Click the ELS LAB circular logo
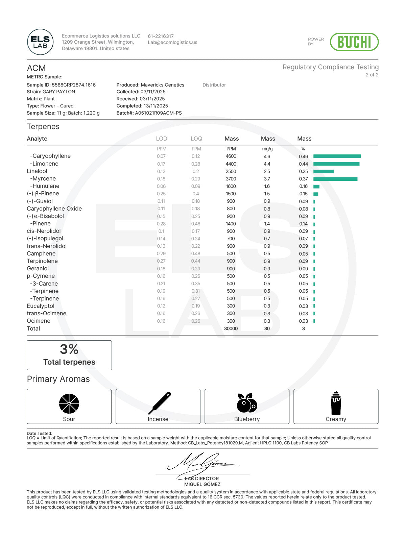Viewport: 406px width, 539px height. [x=40, y=42]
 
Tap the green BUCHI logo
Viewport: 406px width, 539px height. [x=354, y=42]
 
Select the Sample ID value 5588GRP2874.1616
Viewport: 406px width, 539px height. [x=73, y=85]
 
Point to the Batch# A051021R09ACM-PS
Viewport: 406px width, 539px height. [x=158, y=113]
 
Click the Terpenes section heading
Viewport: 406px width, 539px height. [x=43, y=127]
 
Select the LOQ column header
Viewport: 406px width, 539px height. [x=196, y=139]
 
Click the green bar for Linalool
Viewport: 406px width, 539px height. [x=323, y=171]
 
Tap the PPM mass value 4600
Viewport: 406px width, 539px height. [x=231, y=156]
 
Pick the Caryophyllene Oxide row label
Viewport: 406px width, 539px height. [x=54, y=209]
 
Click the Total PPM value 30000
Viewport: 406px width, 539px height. [x=231, y=328]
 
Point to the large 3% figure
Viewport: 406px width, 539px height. [x=69, y=349]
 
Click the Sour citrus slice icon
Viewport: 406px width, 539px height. [x=69, y=403]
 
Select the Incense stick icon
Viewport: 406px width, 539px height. [x=160, y=403]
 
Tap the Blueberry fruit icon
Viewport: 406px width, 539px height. [x=247, y=403]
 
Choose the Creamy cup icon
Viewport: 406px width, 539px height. [x=336, y=403]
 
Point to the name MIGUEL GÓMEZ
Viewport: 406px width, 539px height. [x=202, y=484]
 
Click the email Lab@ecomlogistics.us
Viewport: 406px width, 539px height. [x=172, y=43]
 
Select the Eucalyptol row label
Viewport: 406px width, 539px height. [x=41, y=306]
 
